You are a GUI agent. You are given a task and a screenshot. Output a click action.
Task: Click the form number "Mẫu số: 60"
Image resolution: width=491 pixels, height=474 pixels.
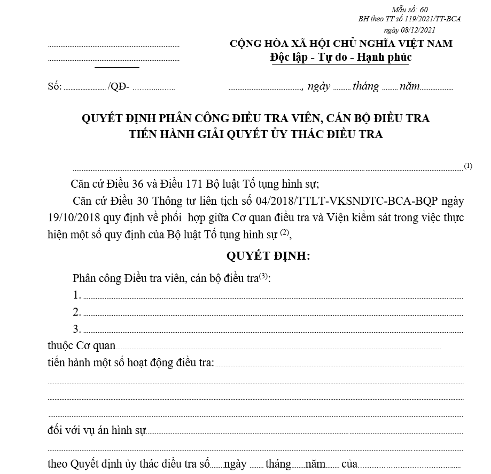(x=409, y=10)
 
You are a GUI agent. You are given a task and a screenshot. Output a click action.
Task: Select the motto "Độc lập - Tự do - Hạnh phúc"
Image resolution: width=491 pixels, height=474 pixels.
(x=341, y=57)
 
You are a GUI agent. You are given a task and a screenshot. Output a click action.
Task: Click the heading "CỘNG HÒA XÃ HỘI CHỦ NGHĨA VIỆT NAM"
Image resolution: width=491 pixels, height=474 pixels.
(x=341, y=44)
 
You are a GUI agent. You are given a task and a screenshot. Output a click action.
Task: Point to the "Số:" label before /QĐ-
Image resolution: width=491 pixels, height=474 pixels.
(x=54, y=87)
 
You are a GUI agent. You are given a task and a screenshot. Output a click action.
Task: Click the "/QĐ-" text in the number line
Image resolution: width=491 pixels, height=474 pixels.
(x=118, y=87)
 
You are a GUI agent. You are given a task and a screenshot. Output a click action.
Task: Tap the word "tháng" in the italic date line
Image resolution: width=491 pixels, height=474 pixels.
(x=365, y=86)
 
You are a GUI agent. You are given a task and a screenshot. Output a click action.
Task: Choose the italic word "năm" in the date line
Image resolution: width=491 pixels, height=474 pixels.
(x=409, y=86)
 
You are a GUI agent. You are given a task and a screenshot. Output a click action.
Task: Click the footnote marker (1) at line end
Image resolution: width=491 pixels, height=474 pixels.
(x=468, y=166)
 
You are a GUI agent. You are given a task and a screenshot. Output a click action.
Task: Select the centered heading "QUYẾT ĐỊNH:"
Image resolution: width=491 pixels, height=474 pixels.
(x=268, y=256)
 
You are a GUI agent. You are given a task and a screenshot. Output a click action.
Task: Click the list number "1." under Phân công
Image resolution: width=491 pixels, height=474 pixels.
(x=77, y=295)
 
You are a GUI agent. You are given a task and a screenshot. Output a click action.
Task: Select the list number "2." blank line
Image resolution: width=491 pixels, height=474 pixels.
(x=77, y=312)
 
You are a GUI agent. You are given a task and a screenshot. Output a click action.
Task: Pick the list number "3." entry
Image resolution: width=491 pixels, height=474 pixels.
(x=77, y=328)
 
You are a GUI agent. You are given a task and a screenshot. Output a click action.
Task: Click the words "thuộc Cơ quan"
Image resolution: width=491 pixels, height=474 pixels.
(x=81, y=346)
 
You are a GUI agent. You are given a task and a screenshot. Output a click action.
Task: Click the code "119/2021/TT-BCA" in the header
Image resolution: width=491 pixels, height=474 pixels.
(x=428, y=19)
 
